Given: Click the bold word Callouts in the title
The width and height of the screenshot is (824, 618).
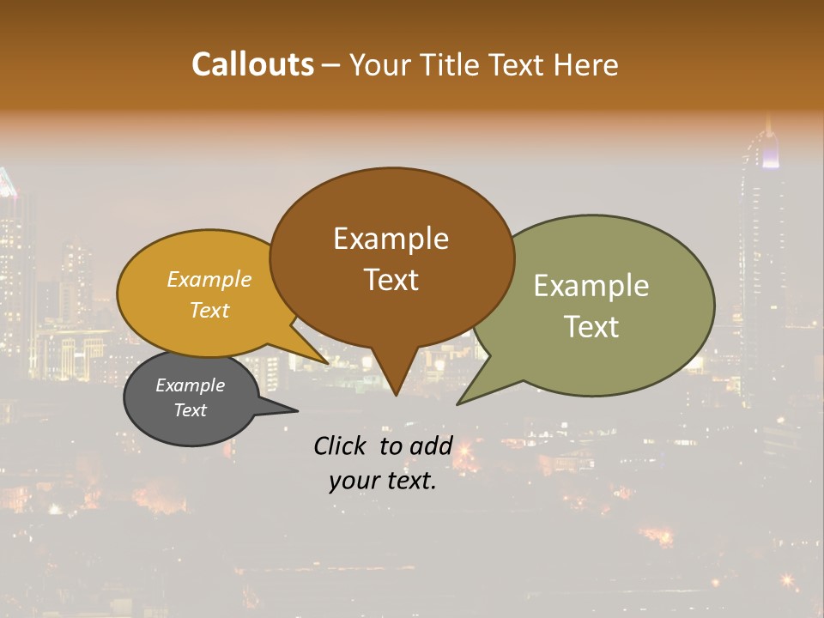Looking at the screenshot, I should coord(252,64).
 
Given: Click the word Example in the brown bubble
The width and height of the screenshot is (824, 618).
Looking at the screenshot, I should coord(391,239).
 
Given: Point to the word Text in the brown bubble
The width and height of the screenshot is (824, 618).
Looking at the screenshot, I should coord(391,280).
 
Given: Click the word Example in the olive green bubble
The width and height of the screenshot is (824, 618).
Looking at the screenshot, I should coord(591,286).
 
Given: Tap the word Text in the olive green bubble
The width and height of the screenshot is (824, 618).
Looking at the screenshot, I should coord(591,327).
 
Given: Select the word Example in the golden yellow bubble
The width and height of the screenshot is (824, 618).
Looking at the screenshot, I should coord(209,279).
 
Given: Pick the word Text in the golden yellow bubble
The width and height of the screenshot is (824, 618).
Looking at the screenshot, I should coord(209,310).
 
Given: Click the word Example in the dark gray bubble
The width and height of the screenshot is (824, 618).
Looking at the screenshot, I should coord(191,385).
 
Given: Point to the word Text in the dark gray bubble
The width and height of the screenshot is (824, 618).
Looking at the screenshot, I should coord(191,410).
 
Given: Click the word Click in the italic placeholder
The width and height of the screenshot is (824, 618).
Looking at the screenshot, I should coord(342,445).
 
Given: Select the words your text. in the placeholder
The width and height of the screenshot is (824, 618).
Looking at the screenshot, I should coord(383,481).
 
